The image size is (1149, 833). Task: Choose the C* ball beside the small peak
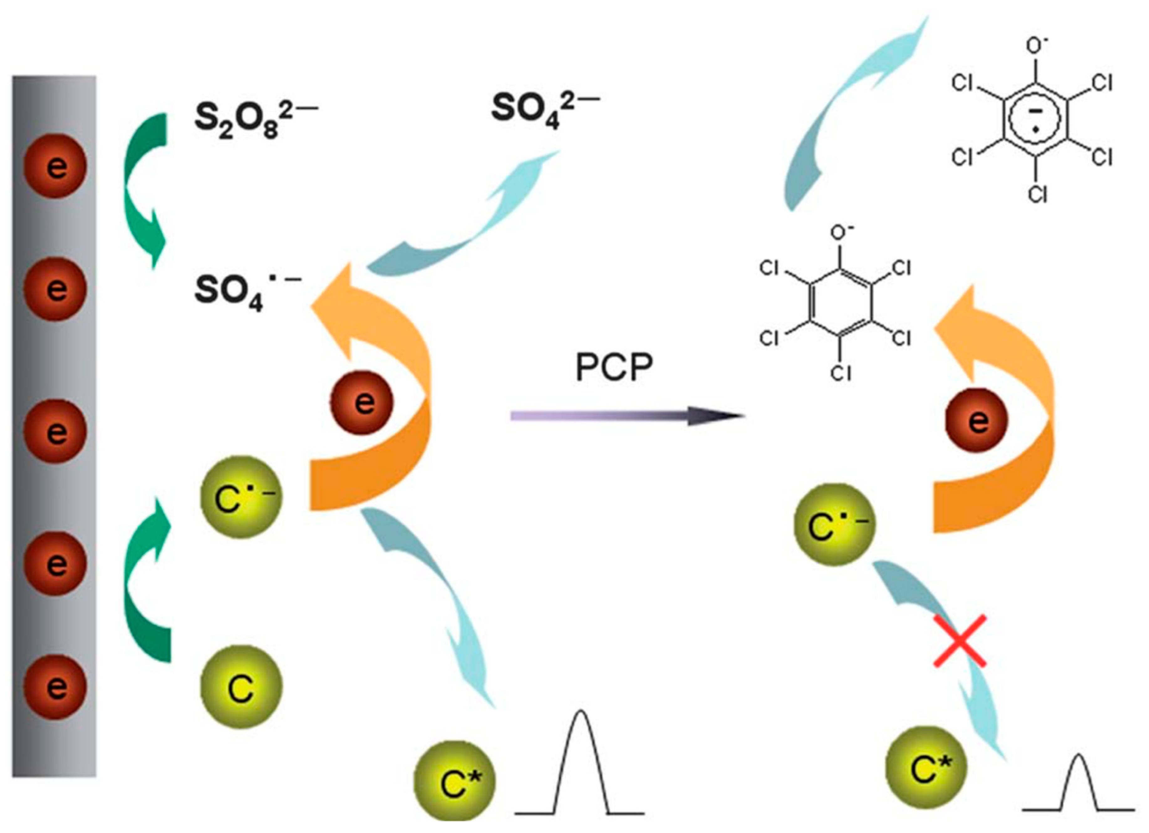(926, 768)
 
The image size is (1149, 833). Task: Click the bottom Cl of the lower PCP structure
(841, 373)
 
